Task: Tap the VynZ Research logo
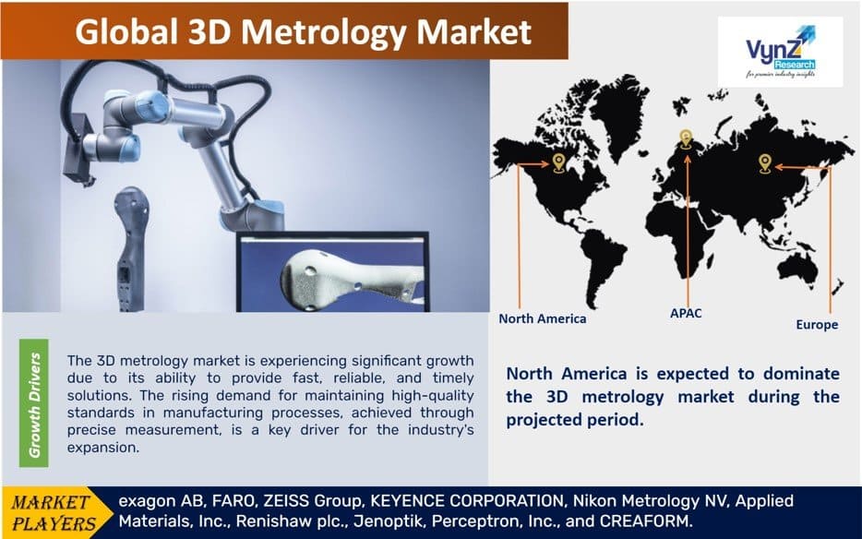779,50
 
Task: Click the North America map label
542,318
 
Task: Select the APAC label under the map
685,313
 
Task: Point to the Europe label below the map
816,325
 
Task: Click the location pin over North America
558,162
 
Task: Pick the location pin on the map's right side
764,163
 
